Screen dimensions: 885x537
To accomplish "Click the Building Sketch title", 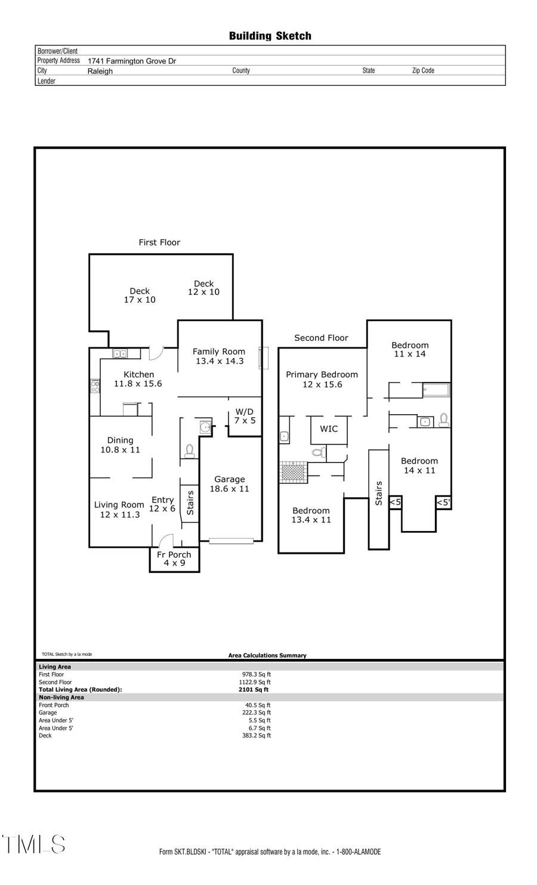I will [x=270, y=36].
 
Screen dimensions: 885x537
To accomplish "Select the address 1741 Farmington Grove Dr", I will [x=132, y=61].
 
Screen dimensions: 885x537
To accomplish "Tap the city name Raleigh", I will [x=100, y=71].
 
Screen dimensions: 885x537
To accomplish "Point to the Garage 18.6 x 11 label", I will [x=230, y=484].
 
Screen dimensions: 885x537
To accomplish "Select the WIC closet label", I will [x=329, y=428].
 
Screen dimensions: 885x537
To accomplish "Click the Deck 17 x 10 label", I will [x=140, y=295].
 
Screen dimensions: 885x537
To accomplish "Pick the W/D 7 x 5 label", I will [x=245, y=416].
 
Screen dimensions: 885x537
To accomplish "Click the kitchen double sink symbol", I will [x=120, y=354].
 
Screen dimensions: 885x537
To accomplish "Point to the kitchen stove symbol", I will [x=95, y=386].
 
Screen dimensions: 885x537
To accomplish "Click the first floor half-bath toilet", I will [x=190, y=451].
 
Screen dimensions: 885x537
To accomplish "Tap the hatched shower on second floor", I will [x=293, y=471].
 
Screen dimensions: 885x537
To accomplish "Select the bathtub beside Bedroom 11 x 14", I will [x=436, y=390].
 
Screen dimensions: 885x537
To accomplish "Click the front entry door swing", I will [x=165, y=541].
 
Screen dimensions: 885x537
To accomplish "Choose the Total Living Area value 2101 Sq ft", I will [x=254, y=689].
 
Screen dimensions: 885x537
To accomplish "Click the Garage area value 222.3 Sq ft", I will [x=257, y=713].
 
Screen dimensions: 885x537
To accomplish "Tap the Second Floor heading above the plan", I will [x=321, y=338].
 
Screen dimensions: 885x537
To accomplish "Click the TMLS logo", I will [x=34, y=844].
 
